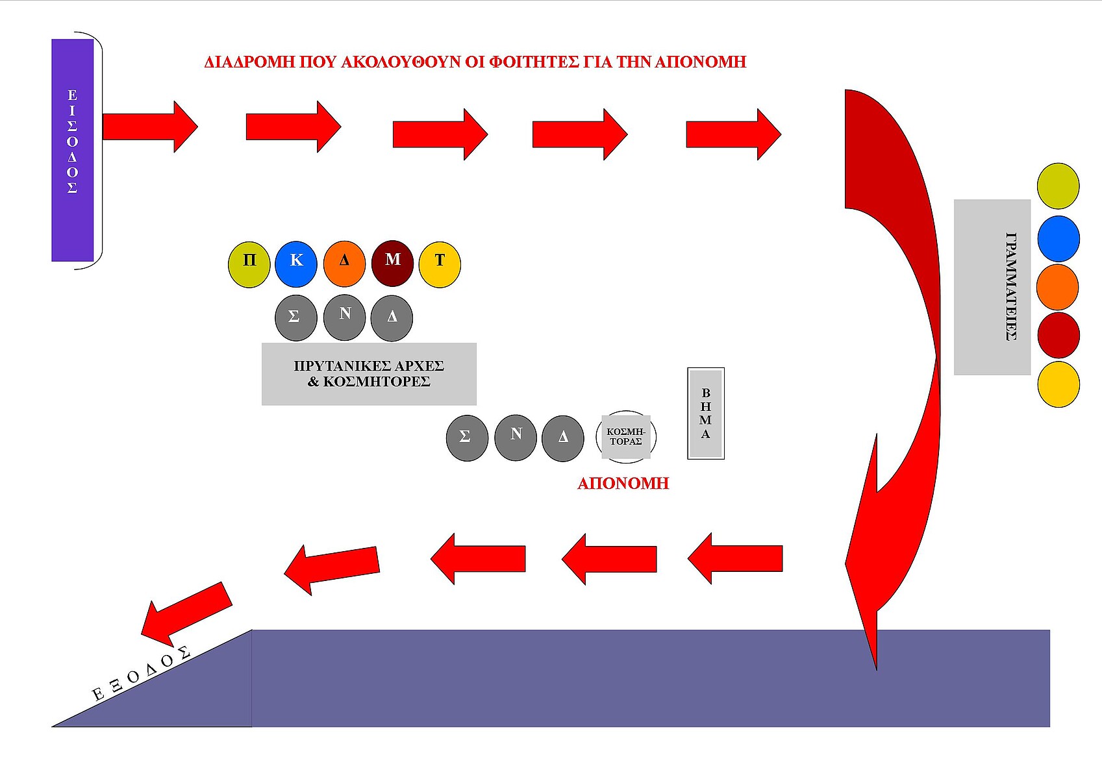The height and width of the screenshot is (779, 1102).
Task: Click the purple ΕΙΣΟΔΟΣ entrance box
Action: [72, 150]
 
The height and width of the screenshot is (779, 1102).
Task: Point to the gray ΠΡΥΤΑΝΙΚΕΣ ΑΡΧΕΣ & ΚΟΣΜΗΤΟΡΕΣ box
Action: [369, 374]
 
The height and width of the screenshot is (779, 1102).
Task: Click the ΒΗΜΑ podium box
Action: [706, 414]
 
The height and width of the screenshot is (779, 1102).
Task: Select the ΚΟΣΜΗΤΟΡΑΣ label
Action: [626, 436]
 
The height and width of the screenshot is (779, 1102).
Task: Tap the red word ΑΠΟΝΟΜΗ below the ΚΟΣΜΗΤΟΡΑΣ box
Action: [623, 484]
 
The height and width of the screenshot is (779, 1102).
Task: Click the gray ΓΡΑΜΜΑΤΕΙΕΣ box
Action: [992, 287]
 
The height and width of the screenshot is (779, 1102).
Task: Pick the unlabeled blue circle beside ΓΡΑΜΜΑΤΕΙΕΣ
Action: [1058, 239]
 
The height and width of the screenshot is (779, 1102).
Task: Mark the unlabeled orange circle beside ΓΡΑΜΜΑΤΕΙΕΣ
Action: [1058, 287]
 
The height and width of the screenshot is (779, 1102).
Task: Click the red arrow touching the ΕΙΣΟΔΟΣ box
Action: [149, 127]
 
